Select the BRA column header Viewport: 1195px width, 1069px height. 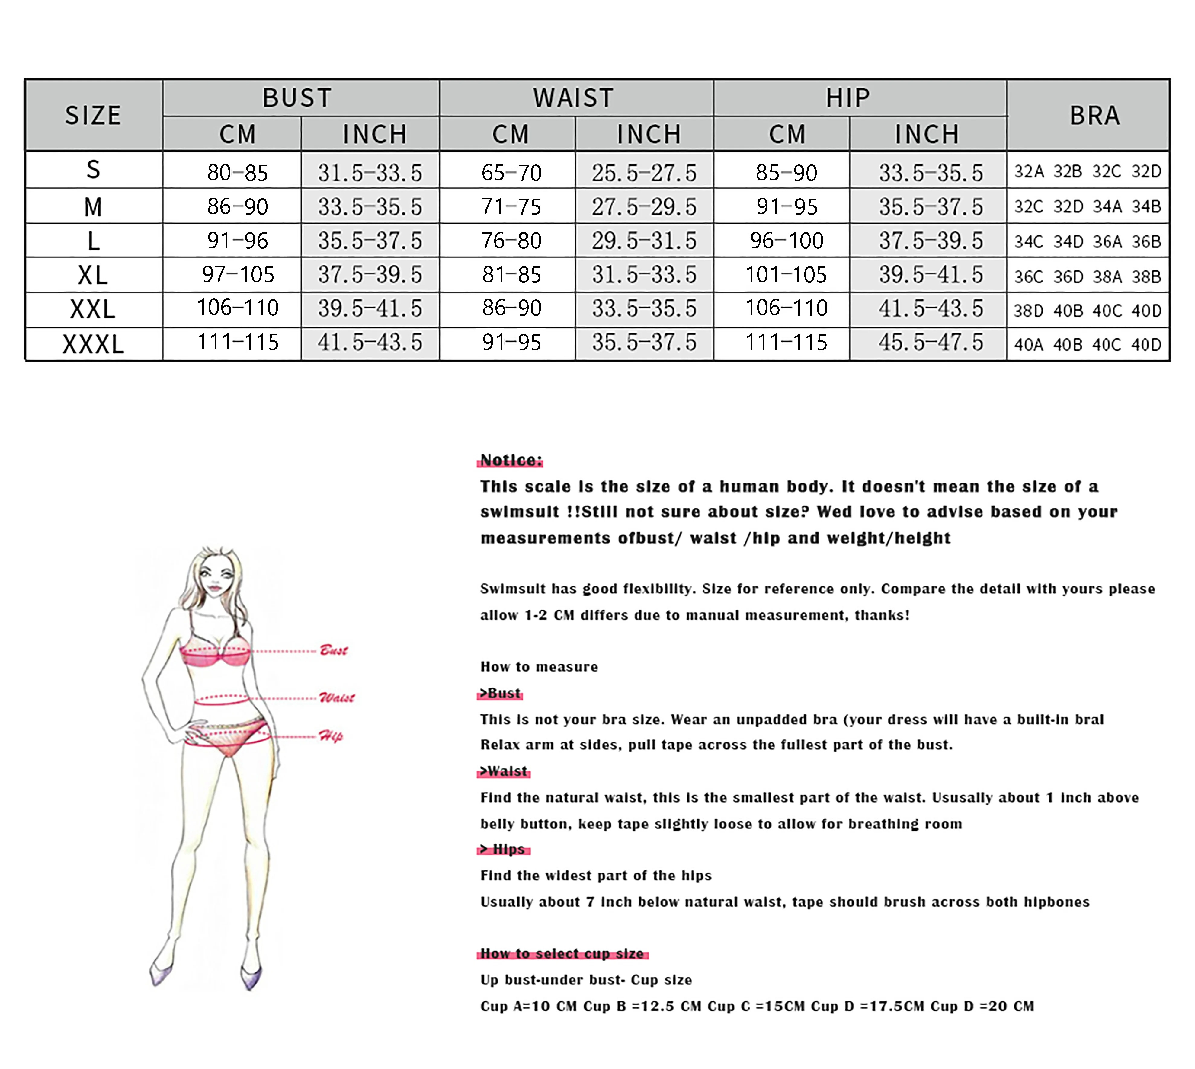click(1094, 115)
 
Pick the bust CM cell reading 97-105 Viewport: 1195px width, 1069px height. click(238, 274)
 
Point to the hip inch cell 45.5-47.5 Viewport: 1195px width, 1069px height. click(931, 343)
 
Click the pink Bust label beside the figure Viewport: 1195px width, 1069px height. click(333, 650)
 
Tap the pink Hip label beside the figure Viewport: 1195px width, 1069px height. click(331, 736)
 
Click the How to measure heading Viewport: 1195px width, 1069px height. click(539, 667)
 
